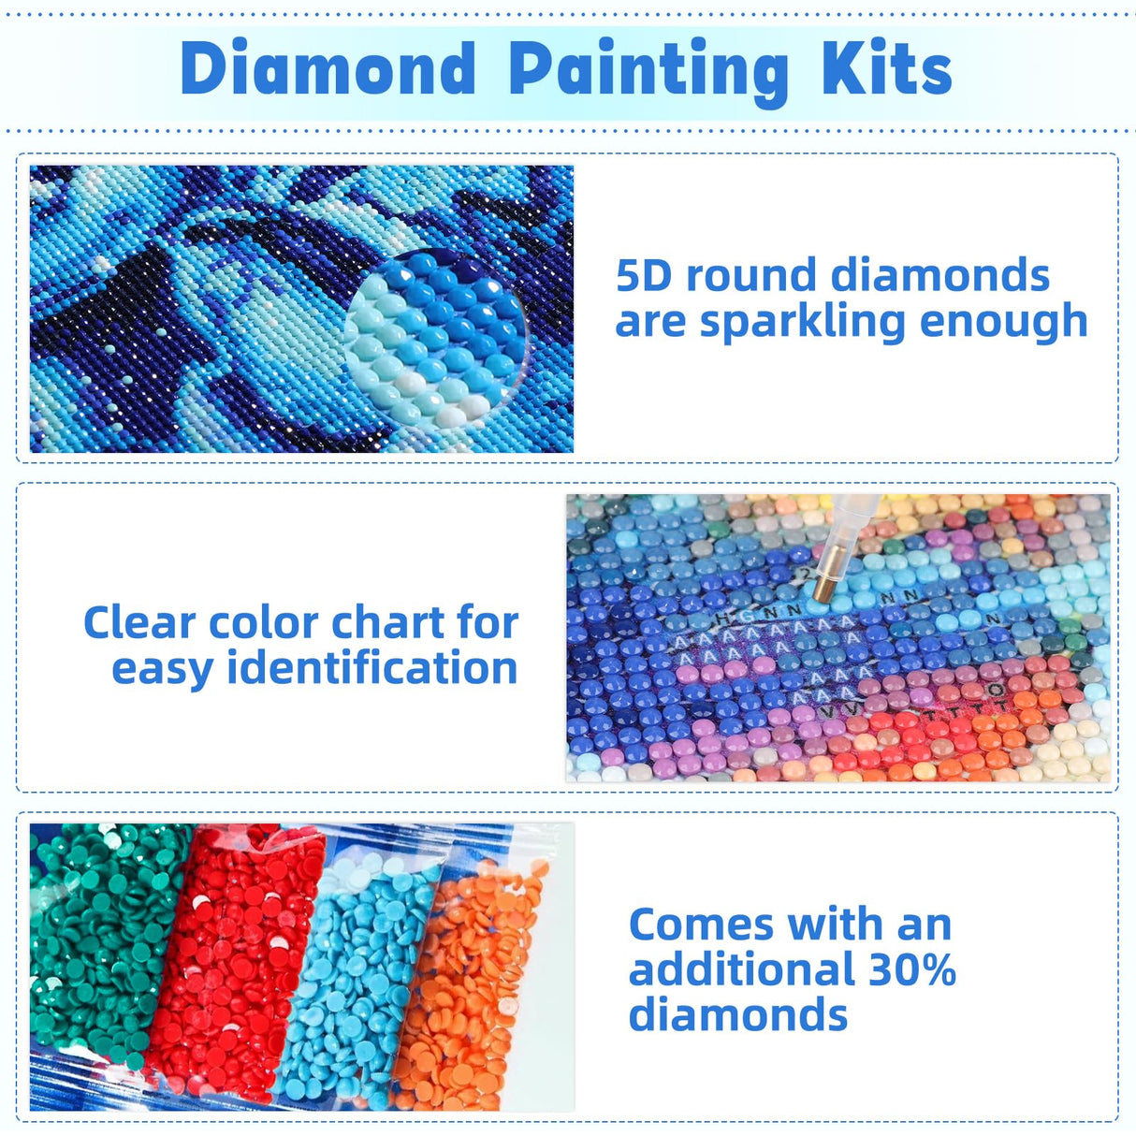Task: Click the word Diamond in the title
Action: pos(328,69)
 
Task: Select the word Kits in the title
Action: pos(886,69)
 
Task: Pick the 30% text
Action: pos(912,969)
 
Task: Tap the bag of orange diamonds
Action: pos(473,992)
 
